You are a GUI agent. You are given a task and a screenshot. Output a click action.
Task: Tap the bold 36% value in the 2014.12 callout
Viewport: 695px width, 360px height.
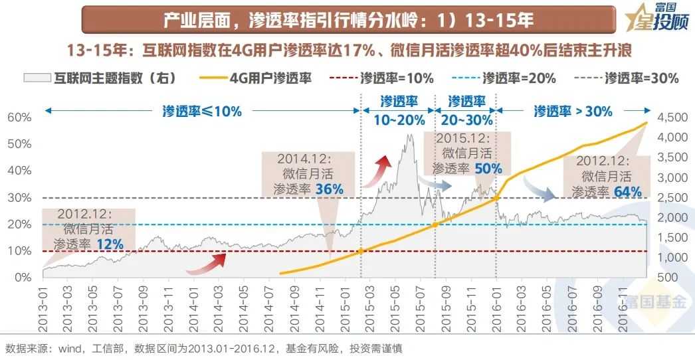point(330,189)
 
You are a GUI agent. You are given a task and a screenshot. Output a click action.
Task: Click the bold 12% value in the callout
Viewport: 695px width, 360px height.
point(110,244)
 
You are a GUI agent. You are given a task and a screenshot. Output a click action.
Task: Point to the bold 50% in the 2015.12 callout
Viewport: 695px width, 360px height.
point(488,169)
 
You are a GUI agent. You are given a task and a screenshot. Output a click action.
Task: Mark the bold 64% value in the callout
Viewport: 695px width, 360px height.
point(627,192)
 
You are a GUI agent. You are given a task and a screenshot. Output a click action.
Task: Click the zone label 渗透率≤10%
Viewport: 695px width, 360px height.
point(202,111)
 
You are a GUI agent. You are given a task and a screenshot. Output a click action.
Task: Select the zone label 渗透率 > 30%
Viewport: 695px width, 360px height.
point(573,111)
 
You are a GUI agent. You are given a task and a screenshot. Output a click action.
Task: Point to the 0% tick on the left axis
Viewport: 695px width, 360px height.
point(21,277)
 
